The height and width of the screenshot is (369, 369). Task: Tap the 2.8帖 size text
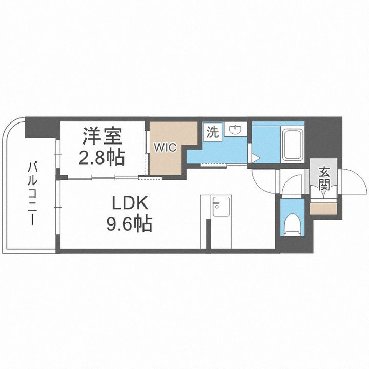pos(101,157)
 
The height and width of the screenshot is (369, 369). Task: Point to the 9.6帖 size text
pos(130,224)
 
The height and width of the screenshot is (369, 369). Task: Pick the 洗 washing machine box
pos(212,132)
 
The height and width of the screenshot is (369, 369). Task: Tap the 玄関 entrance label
pos(324,178)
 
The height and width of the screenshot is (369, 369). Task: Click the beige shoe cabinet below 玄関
pos(324,207)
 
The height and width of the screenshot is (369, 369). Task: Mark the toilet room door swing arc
pos(293,186)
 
